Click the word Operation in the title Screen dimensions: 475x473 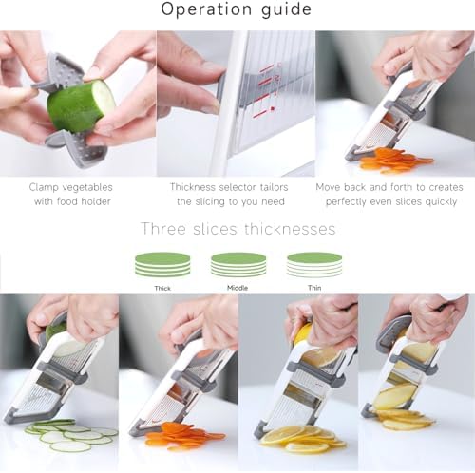206,9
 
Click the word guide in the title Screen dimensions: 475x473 286,9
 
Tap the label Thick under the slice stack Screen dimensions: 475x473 162,288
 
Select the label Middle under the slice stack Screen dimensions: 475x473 237,288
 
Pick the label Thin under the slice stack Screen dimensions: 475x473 314,288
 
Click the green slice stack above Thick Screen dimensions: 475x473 162,265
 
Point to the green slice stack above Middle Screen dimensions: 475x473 238,265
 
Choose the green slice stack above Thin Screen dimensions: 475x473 314,265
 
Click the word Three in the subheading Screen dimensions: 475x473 163,229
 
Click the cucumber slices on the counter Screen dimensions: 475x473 71,435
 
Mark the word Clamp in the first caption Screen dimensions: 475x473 44,187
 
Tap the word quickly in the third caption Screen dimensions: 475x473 441,202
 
